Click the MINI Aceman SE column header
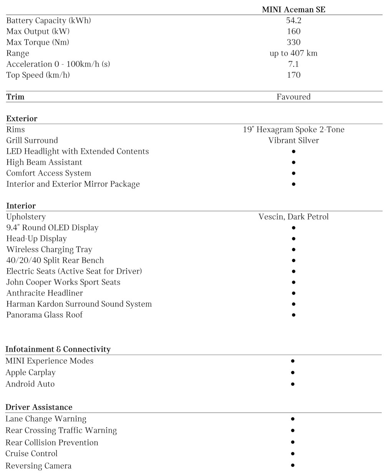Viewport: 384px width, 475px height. (293, 10)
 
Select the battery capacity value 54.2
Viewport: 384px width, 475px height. (293, 20)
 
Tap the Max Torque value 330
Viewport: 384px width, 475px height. (293, 42)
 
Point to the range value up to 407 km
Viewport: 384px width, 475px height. (293, 53)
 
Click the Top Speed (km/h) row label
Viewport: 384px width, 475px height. (38, 75)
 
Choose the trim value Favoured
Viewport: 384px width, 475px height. (293, 97)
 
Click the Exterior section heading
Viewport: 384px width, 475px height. (22, 118)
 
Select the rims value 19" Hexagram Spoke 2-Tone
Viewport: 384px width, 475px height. (293, 130)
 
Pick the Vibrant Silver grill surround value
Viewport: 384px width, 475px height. (293, 140)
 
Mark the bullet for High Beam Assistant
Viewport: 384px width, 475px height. (293, 162)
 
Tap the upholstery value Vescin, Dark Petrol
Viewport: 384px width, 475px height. (293, 217)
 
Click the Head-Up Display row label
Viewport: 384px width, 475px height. (36, 239)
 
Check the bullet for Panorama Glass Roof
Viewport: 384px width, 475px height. (293, 315)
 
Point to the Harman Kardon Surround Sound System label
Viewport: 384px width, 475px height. (79, 304)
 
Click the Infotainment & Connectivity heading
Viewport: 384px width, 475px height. (58, 349)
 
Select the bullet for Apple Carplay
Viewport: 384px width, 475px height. (293, 372)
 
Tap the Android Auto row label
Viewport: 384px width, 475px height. (30, 384)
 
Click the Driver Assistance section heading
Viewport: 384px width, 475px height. (39, 407)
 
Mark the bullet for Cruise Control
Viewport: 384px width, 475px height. (293, 453)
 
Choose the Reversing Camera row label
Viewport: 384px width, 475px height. (38, 466)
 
